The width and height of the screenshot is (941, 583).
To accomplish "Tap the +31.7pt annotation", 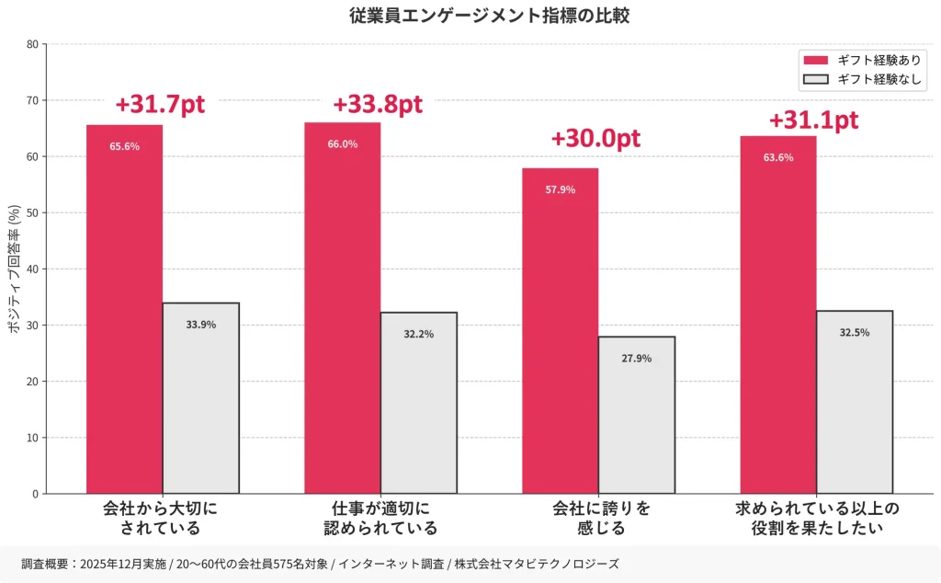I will coord(160,105).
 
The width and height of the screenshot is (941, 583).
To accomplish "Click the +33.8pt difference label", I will coord(378,105).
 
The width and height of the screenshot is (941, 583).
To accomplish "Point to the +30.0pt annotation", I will coord(595,139).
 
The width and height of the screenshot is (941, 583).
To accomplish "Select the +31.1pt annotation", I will coord(813,120).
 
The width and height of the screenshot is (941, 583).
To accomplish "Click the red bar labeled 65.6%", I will coord(124,313).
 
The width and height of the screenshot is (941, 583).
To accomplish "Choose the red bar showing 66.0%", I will coord(342,313).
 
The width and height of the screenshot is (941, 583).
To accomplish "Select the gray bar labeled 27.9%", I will coord(636,415).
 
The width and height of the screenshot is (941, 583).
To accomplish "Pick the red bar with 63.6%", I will coord(777,317).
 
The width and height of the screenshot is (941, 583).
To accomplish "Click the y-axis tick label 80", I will coord(32,44).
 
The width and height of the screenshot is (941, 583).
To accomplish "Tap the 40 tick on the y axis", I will coord(32,269).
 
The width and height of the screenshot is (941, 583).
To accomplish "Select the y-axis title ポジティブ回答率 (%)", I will coord(13,269).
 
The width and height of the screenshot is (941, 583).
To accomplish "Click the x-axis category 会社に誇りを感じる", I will coord(601,518).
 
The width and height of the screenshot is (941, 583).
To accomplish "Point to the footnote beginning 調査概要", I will coord(320,564).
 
